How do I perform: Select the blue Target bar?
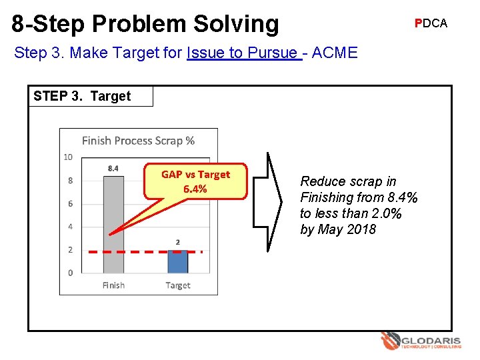point(177,261)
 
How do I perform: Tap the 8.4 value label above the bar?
point(113,169)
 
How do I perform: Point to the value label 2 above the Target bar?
point(178,241)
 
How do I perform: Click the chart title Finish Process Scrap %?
point(138,141)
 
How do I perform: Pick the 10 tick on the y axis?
point(68,157)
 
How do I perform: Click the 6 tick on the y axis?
point(70,204)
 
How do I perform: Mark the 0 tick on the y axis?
point(70,273)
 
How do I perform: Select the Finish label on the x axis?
point(113,285)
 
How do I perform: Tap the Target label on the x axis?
point(178,285)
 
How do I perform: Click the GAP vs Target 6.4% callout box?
point(195,181)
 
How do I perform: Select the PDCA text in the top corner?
point(431,23)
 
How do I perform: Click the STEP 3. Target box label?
point(82,96)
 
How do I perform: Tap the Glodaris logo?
point(421,341)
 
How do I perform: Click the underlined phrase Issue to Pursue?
point(244,53)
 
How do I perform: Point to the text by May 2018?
point(338,229)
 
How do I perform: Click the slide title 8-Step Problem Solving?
point(145,23)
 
